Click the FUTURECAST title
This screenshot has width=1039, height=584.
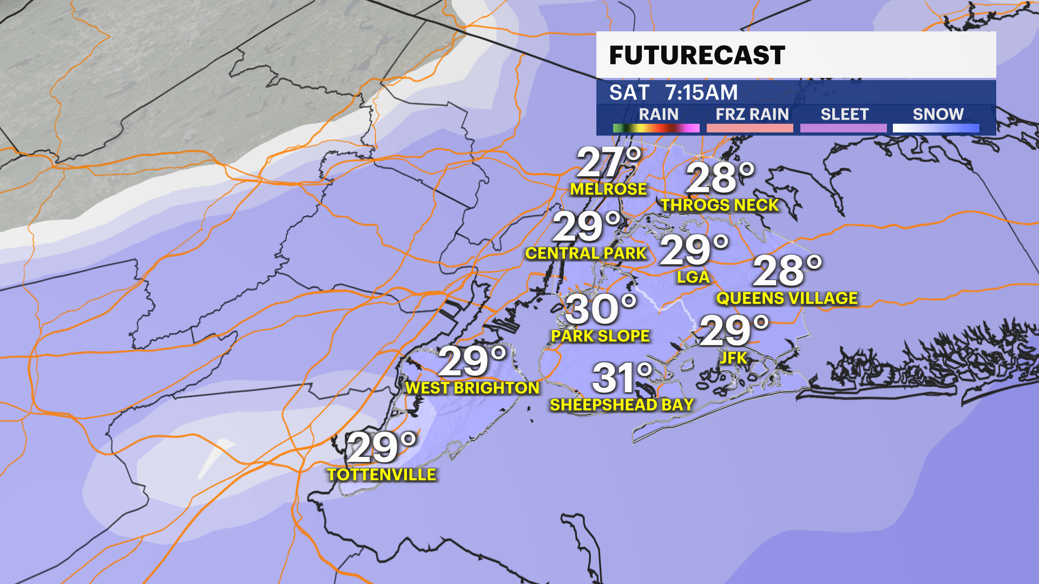[x=697, y=55]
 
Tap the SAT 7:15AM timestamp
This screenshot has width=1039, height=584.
[x=673, y=92]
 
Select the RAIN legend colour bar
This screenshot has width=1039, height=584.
[x=656, y=128]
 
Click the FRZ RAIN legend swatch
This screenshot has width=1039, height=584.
[x=749, y=128]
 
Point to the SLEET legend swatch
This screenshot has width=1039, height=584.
[x=843, y=128]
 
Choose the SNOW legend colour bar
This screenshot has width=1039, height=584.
[x=936, y=128]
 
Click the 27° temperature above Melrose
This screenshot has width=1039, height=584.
[x=608, y=162]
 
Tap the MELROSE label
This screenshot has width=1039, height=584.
[x=608, y=189]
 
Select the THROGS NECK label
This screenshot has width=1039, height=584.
[x=720, y=205]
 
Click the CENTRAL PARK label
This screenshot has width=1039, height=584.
[x=586, y=254]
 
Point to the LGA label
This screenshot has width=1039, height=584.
[x=693, y=277]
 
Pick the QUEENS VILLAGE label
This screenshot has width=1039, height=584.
[x=787, y=298]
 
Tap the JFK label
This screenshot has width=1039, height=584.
[x=733, y=358]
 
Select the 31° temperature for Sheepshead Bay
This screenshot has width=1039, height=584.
[x=622, y=378]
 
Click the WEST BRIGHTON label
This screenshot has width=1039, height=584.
[x=472, y=388]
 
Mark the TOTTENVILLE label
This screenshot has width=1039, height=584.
[x=382, y=475]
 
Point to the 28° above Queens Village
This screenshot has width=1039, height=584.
[x=787, y=271]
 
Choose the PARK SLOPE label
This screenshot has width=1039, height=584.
[x=600, y=336]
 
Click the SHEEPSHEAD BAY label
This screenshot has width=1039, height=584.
[x=622, y=405]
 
